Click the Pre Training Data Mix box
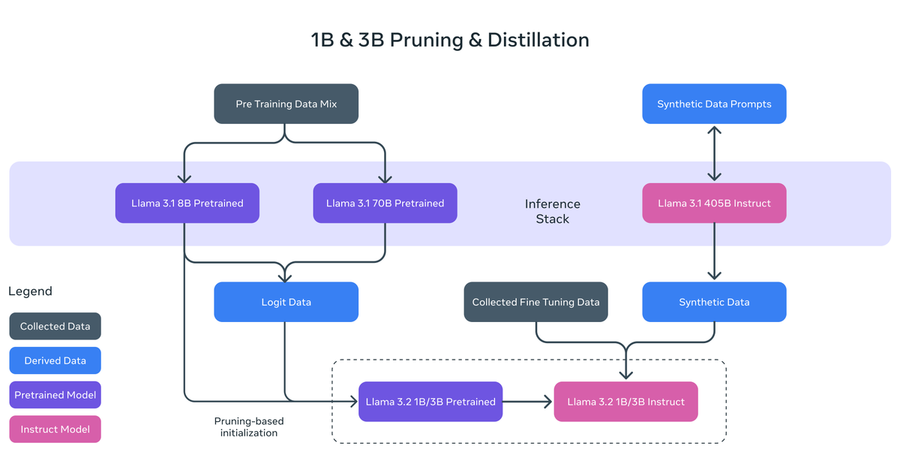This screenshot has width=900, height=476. click(286, 104)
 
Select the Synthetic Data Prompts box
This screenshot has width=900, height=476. click(714, 104)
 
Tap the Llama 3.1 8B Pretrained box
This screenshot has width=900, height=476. click(187, 203)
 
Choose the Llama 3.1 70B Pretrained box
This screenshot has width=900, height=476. click(385, 203)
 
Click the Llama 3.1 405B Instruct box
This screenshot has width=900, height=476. click(714, 203)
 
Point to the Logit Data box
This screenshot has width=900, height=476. click(286, 302)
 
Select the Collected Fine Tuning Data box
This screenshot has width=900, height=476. click(535, 302)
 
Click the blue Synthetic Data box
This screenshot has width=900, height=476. click(714, 302)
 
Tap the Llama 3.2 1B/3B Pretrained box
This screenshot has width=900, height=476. click(430, 402)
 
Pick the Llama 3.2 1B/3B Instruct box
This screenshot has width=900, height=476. click(625, 402)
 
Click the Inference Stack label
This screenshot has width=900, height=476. click(552, 211)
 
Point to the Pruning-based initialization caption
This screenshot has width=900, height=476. click(248, 426)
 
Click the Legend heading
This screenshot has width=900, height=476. click(30, 291)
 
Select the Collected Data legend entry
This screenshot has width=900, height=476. click(55, 326)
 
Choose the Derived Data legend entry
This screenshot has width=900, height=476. click(55, 360)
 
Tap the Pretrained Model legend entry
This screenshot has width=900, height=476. click(55, 395)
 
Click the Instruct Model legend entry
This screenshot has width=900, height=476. click(55, 429)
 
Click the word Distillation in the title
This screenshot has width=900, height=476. click(538, 40)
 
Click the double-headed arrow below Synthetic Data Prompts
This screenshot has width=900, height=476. click(714, 153)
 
